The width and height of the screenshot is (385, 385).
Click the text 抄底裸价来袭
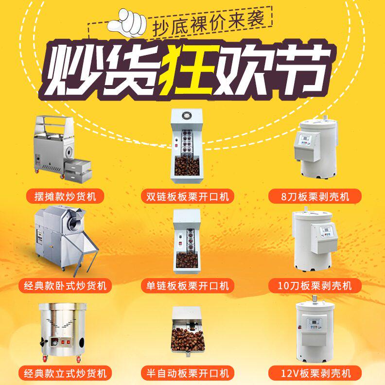pyautogui.click(x=208, y=24)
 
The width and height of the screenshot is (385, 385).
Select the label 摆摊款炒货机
pyautogui.click(x=65, y=196)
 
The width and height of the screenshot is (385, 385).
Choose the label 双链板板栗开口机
pyautogui.click(x=187, y=196)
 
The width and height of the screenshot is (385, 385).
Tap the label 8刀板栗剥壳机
pyautogui.click(x=315, y=196)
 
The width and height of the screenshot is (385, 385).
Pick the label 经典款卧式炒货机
pyautogui.click(x=65, y=285)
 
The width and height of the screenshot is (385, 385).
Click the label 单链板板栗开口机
pyautogui.click(x=187, y=285)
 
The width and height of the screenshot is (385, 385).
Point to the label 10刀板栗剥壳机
pyautogui.click(x=315, y=285)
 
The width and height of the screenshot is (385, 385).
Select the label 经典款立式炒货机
pyautogui.click(x=65, y=373)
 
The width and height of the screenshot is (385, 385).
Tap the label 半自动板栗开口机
pyautogui.click(x=187, y=373)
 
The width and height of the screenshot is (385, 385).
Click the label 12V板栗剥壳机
pyautogui.click(x=315, y=373)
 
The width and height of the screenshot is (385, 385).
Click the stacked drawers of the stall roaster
pyautogui.click(x=79, y=171)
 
